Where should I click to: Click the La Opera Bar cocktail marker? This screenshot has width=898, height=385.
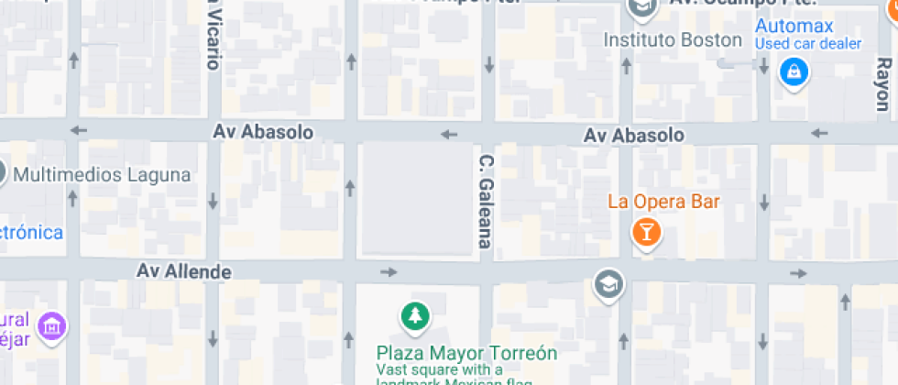click(x=646, y=232)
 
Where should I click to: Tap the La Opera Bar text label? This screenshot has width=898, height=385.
click(x=664, y=202)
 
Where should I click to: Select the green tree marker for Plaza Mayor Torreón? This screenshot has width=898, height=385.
click(x=416, y=316)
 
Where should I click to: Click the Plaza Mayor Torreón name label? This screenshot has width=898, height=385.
click(x=466, y=352)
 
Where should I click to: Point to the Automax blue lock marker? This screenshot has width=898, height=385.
click(x=793, y=71)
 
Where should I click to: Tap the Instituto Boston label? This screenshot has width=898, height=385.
click(x=673, y=40)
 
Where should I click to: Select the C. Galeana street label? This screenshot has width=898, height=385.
click(x=486, y=201)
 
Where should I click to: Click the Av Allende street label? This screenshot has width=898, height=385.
click(x=183, y=271)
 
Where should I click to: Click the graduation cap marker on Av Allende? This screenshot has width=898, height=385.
click(x=608, y=284)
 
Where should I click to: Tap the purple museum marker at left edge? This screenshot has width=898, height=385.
click(x=54, y=325)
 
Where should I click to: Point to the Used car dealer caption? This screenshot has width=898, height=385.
click(x=807, y=43)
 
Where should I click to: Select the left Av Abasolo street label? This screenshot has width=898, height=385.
click(x=263, y=132)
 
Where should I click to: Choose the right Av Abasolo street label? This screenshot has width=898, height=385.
click(x=633, y=136)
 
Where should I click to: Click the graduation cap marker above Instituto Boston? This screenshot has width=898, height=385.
click(x=641, y=7)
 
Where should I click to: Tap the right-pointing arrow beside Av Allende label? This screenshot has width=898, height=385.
click(x=389, y=271)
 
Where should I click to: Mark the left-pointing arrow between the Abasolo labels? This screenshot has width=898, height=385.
click(x=448, y=135)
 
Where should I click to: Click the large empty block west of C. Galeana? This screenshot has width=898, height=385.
click(x=414, y=198)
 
